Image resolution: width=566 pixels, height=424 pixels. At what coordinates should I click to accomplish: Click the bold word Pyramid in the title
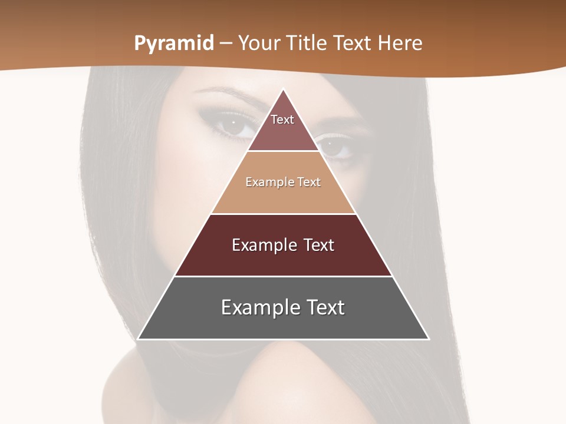[x=174, y=44]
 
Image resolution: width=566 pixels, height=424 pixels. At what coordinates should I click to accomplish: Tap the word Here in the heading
[x=400, y=43]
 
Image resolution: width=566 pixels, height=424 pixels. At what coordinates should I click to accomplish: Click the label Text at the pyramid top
[x=282, y=120]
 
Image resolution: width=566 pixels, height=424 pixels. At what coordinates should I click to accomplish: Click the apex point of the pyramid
[x=284, y=90]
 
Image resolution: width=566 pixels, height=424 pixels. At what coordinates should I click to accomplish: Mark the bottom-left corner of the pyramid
[x=139, y=339]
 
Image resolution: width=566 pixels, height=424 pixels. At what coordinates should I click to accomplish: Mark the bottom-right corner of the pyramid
[x=428, y=339]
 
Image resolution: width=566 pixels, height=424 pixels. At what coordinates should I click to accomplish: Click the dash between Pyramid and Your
[x=226, y=44]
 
